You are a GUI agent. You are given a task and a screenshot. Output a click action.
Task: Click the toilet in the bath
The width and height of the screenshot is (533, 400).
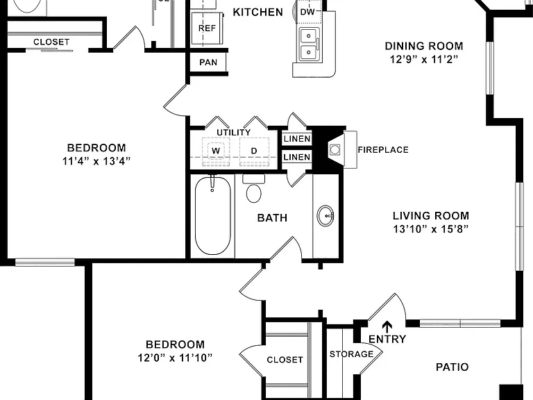tap(253, 188)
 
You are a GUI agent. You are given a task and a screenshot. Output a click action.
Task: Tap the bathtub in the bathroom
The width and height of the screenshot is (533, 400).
tap(213, 216)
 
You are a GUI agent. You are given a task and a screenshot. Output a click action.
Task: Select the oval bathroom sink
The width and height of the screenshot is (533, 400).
tap(325, 216)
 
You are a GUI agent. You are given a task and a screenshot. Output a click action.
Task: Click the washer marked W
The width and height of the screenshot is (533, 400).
tap(216, 151)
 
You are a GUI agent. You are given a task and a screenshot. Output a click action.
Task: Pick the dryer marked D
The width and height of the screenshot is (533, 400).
tap(254, 151)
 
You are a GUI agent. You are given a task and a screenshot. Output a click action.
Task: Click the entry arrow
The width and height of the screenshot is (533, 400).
tap(387, 326)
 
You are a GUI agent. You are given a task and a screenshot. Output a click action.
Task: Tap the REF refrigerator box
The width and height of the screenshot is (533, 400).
tap(207, 28)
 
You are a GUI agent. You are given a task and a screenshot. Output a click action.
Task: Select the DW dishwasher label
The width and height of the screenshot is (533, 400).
tap(307, 12)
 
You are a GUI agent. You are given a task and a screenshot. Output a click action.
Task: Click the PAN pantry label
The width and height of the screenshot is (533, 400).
tap(208, 62)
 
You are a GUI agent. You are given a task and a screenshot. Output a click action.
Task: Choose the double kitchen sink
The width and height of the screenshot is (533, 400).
tap(309, 44)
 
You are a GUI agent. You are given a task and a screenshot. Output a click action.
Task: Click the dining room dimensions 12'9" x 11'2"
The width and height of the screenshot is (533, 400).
tap(424, 60)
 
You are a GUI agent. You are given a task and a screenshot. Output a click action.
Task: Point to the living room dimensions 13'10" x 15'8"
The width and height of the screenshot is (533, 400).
tap(431, 229)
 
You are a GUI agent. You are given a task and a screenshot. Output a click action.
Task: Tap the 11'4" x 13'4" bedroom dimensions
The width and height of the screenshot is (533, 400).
tap(96, 161)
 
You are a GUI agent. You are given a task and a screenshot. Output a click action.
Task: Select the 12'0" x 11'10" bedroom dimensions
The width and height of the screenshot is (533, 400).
tap(175, 358)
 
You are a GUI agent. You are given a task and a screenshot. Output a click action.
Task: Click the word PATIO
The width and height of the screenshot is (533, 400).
tap(452, 367)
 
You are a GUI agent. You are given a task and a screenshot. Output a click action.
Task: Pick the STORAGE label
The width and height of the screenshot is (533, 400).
tap(351, 354)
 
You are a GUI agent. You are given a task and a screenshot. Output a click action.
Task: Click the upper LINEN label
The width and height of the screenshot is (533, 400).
tap(297, 139)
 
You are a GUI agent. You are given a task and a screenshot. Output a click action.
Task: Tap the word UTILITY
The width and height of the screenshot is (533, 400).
tap(233, 133)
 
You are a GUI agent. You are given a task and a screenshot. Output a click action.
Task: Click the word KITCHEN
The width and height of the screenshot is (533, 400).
tap(257, 12)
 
